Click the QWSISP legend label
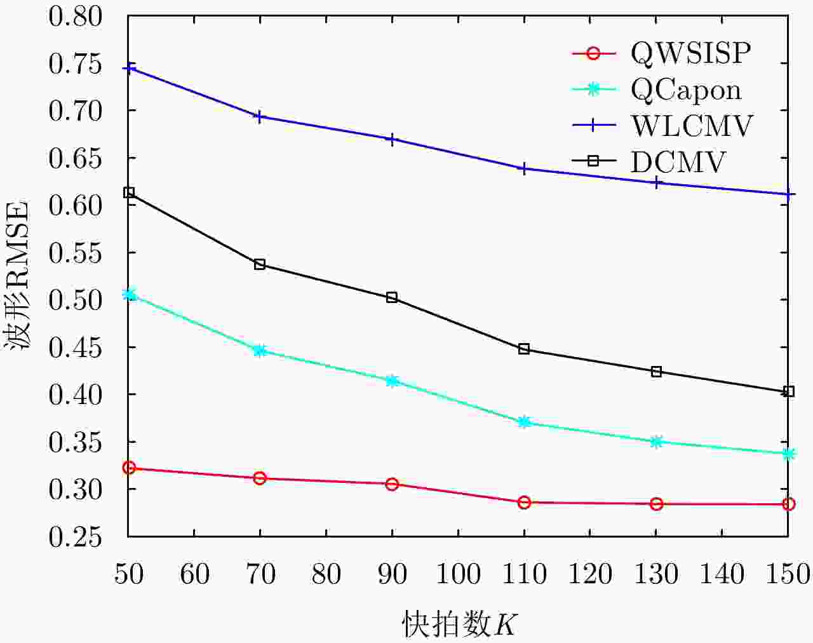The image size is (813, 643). click(x=690, y=53)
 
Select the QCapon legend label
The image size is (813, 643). click(x=686, y=90)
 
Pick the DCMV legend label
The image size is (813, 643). click(x=677, y=162)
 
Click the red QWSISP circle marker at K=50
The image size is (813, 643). click(x=129, y=468)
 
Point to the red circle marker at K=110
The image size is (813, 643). click(x=524, y=503)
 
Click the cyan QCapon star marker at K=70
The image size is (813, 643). click(x=260, y=350)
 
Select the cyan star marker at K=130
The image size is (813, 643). click(x=656, y=442)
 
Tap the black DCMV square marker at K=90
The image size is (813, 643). click(x=392, y=297)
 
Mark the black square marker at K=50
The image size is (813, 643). click(x=129, y=193)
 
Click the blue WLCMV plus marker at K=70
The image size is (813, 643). click(x=260, y=116)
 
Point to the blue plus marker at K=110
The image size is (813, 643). click(x=524, y=168)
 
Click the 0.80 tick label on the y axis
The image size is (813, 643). click(x=75, y=17)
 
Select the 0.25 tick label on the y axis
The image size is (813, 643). click(x=75, y=537)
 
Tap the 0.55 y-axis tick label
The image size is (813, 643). click(x=75, y=253)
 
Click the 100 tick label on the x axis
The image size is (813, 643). click(x=458, y=574)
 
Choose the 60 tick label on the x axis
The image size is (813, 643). click(x=194, y=574)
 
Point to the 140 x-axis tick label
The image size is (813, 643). click(x=722, y=574)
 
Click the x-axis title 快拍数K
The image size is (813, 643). click(x=459, y=624)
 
